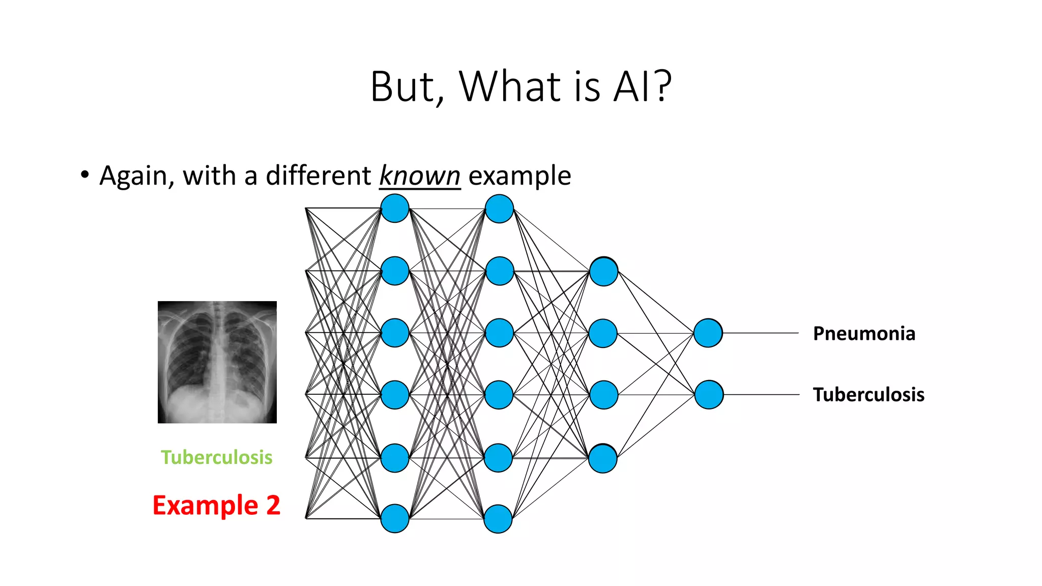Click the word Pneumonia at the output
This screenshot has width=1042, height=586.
coord(864,334)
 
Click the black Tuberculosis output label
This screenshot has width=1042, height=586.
coord(869,395)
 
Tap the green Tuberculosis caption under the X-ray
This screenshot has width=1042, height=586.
coord(217,457)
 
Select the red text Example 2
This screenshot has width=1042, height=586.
coord(216,505)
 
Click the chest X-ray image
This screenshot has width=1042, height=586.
coord(217,362)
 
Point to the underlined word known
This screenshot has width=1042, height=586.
coord(420,176)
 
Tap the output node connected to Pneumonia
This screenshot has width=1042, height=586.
coord(708,333)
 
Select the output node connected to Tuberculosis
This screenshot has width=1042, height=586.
coord(709,395)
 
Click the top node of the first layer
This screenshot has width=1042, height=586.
coord(395,209)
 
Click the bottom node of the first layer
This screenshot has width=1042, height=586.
coord(395,518)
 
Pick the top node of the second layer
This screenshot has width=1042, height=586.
coord(499,209)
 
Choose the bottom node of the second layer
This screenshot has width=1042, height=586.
coord(498,518)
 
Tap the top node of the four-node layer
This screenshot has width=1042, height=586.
coord(603,272)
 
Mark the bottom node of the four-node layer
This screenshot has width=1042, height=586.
coord(603,459)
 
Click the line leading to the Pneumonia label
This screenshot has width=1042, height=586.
coord(761,333)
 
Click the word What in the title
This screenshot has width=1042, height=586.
coord(510,86)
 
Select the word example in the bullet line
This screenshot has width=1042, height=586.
coord(519,176)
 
